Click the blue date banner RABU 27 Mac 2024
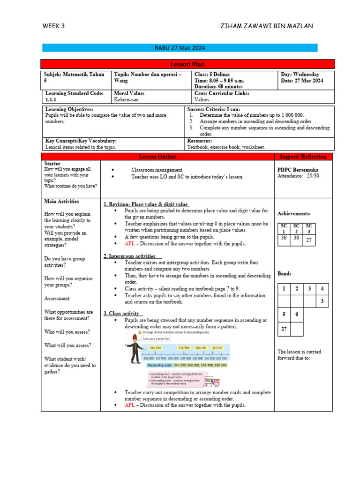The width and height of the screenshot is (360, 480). click(x=180, y=48)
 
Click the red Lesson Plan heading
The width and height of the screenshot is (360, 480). click(x=187, y=64)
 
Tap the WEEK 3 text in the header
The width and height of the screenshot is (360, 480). click(x=53, y=26)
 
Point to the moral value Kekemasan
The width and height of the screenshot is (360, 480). click(x=127, y=100)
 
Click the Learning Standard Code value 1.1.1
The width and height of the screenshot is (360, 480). click(x=50, y=100)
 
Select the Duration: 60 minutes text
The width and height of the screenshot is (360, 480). click(x=218, y=87)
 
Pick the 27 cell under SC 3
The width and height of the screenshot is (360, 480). click(x=309, y=240)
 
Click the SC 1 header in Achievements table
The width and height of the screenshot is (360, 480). click(x=284, y=228)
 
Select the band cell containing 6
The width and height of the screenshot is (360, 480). click(x=296, y=314)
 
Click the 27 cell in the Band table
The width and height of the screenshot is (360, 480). click(x=284, y=329)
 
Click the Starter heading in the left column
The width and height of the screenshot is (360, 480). click(x=52, y=164)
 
